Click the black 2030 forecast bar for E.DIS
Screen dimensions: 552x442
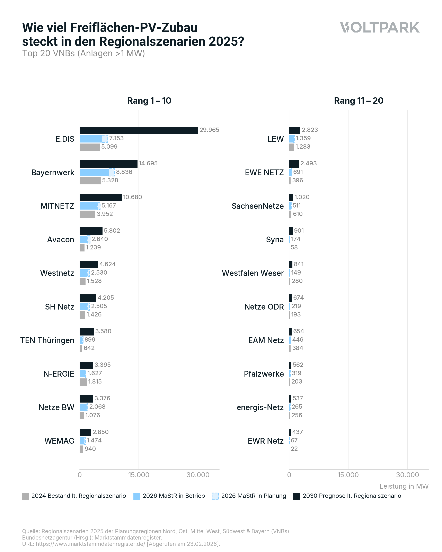coord(138,130)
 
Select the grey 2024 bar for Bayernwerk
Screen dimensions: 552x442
coord(90,181)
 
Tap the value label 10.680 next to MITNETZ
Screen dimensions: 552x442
coord(132,197)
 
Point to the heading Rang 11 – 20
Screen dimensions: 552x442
coord(359,101)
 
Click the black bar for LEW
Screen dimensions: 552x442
coord(294,130)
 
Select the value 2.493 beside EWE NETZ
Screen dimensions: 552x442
coord(309,163)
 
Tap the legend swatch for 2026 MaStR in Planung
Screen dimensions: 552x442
coord(215,496)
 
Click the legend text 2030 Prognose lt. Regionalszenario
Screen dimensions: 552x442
coord(352,496)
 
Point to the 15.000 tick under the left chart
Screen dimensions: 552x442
coord(139,475)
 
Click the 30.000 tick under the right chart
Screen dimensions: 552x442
coord(407,475)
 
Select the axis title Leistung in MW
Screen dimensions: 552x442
coord(404,486)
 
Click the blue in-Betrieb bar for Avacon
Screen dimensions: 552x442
coord(83,239)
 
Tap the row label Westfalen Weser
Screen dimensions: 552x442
coord(253,273)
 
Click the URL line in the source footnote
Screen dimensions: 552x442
coord(121,544)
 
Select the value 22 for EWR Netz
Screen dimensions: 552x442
coord(294,449)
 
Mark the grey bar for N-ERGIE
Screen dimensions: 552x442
coord(83,382)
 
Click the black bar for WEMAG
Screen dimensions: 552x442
coord(85,432)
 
